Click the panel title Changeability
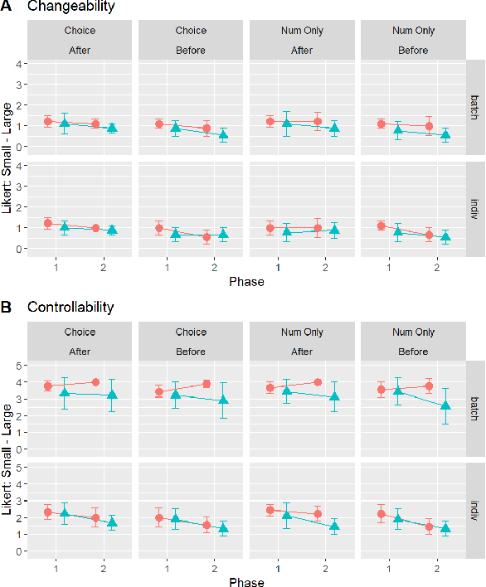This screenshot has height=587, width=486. point(71,7)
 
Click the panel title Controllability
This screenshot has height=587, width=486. point(70,307)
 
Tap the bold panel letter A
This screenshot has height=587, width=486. point(7,7)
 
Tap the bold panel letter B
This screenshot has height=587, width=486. point(7,307)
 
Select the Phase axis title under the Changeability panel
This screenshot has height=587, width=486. point(245,282)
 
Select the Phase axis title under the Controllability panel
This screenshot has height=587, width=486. point(245,583)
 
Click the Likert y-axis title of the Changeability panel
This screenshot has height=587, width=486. point(7,159)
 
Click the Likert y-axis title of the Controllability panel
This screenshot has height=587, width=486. point(7,460)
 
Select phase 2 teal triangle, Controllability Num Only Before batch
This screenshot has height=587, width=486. point(446,406)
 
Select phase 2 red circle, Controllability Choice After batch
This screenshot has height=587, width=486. point(95,382)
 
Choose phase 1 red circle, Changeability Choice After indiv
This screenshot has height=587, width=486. point(48,223)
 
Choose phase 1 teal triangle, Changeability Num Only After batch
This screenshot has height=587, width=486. point(287,124)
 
